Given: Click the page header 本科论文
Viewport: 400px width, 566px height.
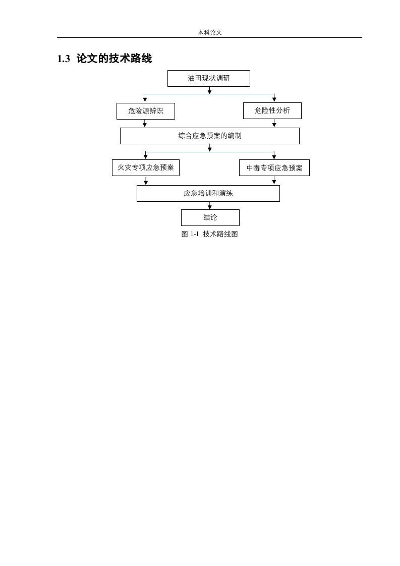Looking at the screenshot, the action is tap(209, 32).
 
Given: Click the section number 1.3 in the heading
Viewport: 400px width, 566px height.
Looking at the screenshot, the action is tap(64, 59).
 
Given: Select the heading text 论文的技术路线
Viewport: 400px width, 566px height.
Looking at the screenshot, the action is tap(114, 59).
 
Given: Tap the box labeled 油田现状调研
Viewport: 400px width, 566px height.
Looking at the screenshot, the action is tap(209, 78).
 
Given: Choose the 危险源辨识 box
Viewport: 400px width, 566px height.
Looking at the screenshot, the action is tap(145, 111).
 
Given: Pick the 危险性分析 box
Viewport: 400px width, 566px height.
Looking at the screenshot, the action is tap(272, 110).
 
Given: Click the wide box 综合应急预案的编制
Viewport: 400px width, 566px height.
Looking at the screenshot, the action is tap(210, 136).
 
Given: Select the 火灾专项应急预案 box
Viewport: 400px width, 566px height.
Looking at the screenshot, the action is tap(145, 167).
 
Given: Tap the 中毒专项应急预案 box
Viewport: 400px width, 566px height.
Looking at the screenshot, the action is tap(274, 168).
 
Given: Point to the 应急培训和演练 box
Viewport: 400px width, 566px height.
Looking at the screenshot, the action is tap(208, 194).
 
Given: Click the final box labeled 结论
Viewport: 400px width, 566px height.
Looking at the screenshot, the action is tap(210, 217).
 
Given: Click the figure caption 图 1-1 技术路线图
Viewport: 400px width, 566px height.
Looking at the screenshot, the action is tap(209, 234).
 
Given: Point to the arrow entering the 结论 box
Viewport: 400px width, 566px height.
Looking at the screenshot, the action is tap(210, 205).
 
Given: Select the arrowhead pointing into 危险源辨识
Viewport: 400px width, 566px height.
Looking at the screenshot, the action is tap(145, 99).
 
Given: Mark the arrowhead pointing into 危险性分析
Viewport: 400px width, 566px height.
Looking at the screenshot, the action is tap(274, 99).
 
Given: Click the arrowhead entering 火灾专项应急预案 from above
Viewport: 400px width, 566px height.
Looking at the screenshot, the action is tap(145, 157).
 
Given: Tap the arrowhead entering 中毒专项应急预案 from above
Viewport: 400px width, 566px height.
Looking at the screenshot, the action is tap(274, 157).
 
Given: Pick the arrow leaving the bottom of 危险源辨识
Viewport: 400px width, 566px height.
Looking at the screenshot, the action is tap(145, 124).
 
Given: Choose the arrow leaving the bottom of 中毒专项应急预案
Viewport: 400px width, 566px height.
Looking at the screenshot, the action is tap(274, 181).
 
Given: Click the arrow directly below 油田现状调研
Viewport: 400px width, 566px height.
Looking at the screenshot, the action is tap(209, 90).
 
